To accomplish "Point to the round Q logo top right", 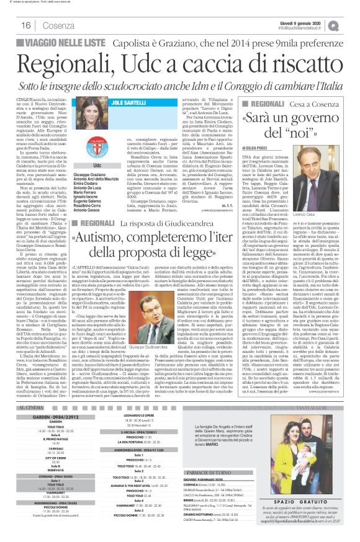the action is coord(351,24).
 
